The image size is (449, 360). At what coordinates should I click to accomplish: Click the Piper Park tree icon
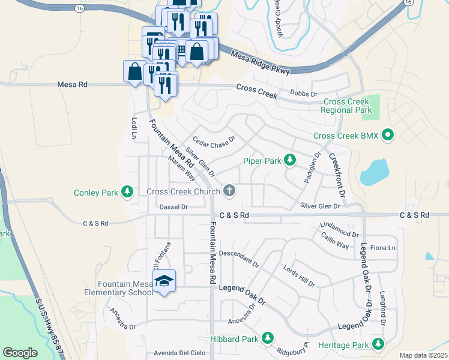point(290,160)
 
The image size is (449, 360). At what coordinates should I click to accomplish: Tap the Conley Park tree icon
point(127,191)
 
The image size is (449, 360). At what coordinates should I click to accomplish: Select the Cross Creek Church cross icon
point(229,191)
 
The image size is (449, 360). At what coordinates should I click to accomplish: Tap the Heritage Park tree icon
point(378,344)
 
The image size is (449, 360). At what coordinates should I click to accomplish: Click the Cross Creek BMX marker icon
point(388,135)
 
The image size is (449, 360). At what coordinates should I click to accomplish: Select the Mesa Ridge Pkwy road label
point(261,62)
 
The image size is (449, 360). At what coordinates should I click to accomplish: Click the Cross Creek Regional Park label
point(346,106)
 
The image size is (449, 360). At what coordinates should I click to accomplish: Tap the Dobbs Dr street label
point(303,94)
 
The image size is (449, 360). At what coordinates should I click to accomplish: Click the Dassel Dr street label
point(174,207)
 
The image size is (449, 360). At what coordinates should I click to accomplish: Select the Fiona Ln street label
point(384,248)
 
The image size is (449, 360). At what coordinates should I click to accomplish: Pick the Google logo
point(20,352)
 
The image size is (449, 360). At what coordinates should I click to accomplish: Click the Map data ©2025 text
point(423,355)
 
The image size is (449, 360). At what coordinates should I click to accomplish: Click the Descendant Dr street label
point(238,259)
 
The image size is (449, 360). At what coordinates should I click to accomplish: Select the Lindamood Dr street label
point(339,230)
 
